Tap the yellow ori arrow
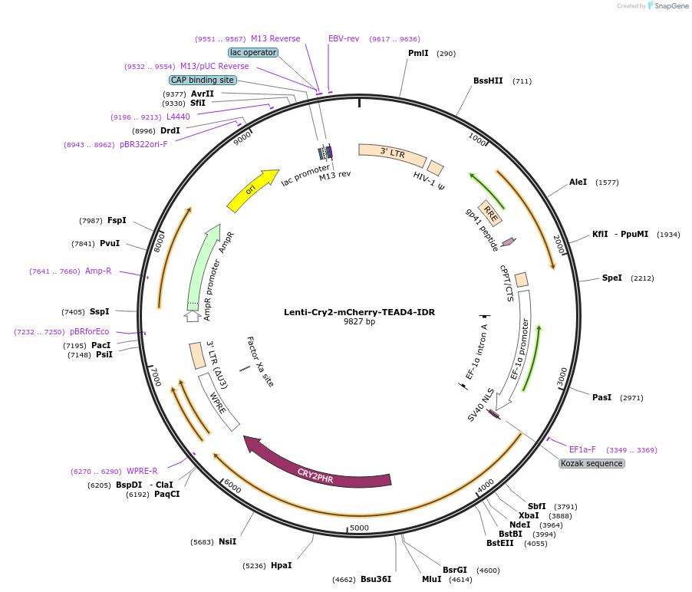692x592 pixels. coord(252,190)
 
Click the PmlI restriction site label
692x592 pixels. coord(418,53)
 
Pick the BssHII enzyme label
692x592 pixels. coord(488,81)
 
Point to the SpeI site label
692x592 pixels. coord(611,278)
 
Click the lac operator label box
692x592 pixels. coord(253,52)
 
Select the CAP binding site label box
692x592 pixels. coord(203,80)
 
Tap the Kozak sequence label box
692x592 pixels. coord(591,463)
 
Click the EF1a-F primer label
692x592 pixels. coord(582,449)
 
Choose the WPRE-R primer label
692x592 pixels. coord(142,471)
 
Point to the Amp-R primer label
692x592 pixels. coord(98,271)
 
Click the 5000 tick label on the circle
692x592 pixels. coord(359,528)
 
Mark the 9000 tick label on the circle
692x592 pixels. coord(242,138)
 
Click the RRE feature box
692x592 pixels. coord(489,212)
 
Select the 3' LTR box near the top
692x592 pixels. coord(393,153)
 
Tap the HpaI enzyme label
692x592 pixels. coord(281,565)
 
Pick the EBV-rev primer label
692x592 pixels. coord(344,38)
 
